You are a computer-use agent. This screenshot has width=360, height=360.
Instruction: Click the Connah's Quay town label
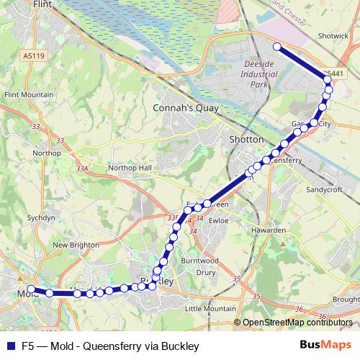pos(179,109)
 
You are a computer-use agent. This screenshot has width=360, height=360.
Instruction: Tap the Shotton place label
pos(242,139)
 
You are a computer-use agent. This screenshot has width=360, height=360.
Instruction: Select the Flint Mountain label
pos(29,94)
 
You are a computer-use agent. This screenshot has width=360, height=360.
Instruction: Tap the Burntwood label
pos(199,260)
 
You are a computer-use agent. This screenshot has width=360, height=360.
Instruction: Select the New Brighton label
pos(75,245)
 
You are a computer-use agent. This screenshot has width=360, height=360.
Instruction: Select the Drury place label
pos(206,273)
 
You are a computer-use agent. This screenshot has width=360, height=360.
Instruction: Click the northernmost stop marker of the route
pos(277,47)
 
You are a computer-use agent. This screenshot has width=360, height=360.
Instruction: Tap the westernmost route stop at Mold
pos(30,291)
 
